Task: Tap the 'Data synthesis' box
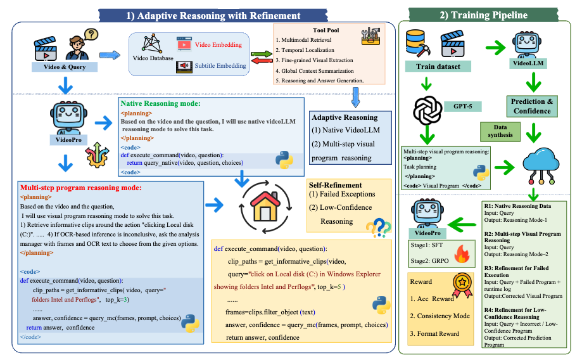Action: point(498,132)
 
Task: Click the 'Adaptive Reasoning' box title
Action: point(343,118)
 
